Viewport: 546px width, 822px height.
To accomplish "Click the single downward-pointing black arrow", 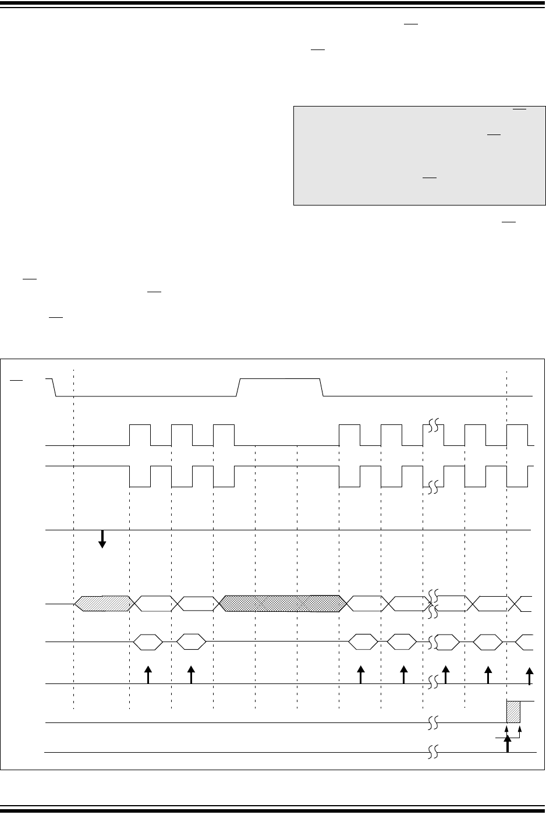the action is [x=102, y=539].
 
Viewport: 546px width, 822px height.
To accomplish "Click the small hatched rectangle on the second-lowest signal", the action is [x=513, y=711].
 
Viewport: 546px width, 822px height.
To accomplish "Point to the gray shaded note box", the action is [x=419, y=155].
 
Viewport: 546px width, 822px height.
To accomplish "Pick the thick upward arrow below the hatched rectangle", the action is [x=508, y=743].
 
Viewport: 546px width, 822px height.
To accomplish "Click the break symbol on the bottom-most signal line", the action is [x=432, y=752].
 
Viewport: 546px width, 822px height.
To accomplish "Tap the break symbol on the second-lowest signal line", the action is [x=432, y=723].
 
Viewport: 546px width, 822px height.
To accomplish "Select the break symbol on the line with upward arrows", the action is [x=431, y=682].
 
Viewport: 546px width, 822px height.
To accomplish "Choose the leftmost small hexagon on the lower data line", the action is [x=148, y=642].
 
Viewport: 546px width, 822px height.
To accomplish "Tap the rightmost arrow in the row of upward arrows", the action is [x=529, y=675].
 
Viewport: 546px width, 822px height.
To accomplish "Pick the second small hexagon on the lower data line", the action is [x=191, y=642].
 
